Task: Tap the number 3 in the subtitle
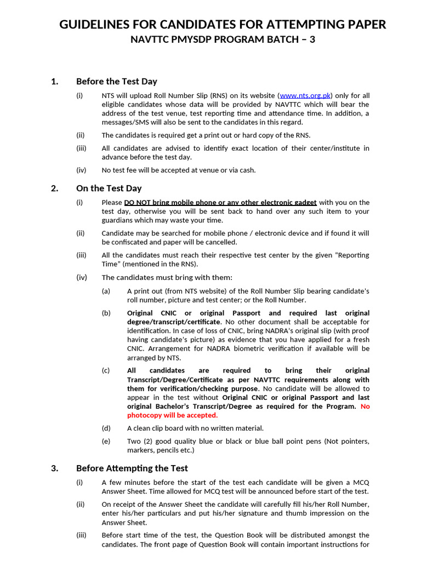point(312,39)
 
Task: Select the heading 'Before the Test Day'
point(116,82)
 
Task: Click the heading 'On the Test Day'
point(109,188)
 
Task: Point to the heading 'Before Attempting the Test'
point(132,468)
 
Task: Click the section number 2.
point(54,188)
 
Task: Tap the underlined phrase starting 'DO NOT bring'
point(220,202)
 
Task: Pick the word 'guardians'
point(117,220)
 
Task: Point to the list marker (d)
point(106,428)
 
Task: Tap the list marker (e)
point(106,442)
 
